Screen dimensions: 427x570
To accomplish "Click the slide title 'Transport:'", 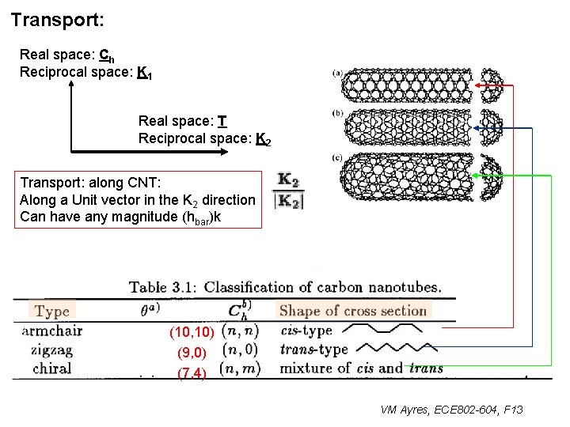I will (58, 19).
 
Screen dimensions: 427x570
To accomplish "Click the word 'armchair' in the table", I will (52, 331).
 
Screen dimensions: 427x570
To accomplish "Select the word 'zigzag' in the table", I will (52, 350).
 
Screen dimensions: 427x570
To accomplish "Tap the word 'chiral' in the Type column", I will (52, 368).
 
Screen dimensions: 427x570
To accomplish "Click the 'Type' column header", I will (53, 311).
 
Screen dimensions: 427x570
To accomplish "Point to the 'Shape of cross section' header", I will (353, 311).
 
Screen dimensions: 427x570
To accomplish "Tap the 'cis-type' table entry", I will (306, 331).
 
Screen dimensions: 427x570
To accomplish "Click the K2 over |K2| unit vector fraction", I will (287, 191).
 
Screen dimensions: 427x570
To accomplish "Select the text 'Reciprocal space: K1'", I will (86, 73).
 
